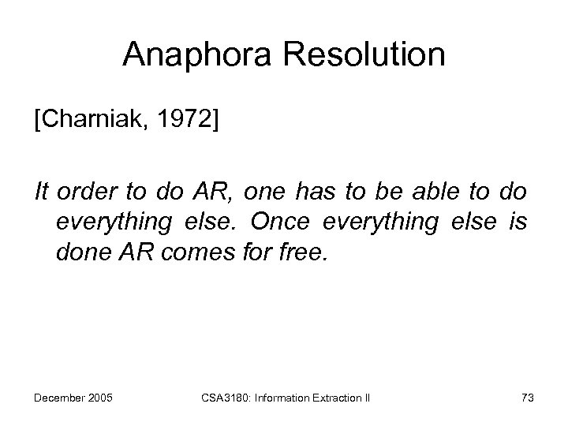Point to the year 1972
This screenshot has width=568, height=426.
pyautogui.click(x=189, y=123)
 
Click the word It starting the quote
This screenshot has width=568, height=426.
pyautogui.click(x=41, y=192)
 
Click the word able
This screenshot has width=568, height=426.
pyautogui.click(x=434, y=192)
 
